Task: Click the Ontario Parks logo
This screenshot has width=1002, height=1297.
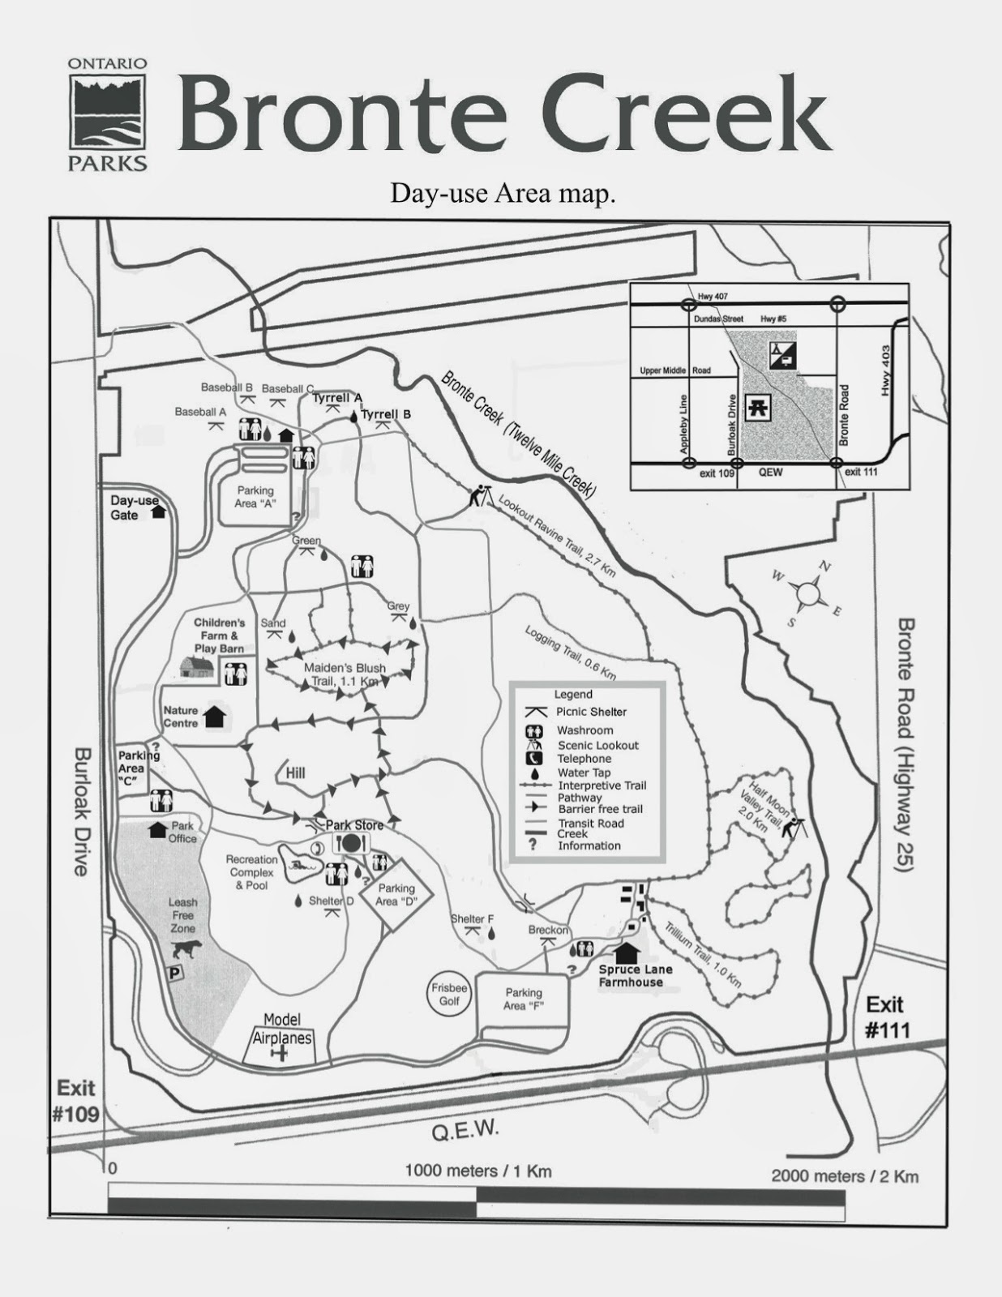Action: pyautogui.click(x=108, y=113)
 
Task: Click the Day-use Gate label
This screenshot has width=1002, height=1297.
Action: pyautogui.click(x=135, y=507)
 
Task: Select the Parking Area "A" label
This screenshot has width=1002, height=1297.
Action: pyautogui.click(x=255, y=497)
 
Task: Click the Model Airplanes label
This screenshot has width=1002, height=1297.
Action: pyautogui.click(x=281, y=1029)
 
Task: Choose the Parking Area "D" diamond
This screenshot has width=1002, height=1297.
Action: pyautogui.click(x=396, y=895)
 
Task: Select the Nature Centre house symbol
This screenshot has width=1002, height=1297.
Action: pyautogui.click(x=215, y=716)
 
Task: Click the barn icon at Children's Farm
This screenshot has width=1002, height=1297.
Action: pyautogui.click(x=197, y=666)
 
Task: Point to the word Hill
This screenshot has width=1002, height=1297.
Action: pyautogui.click(x=295, y=773)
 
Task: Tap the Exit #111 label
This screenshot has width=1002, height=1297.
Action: pyautogui.click(x=884, y=1017)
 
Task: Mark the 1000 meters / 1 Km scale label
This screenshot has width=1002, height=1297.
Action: pyautogui.click(x=478, y=1171)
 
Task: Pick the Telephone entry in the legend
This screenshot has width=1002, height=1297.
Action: pyautogui.click(x=584, y=759)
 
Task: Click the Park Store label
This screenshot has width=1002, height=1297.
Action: pyautogui.click(x=354, y=825)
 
